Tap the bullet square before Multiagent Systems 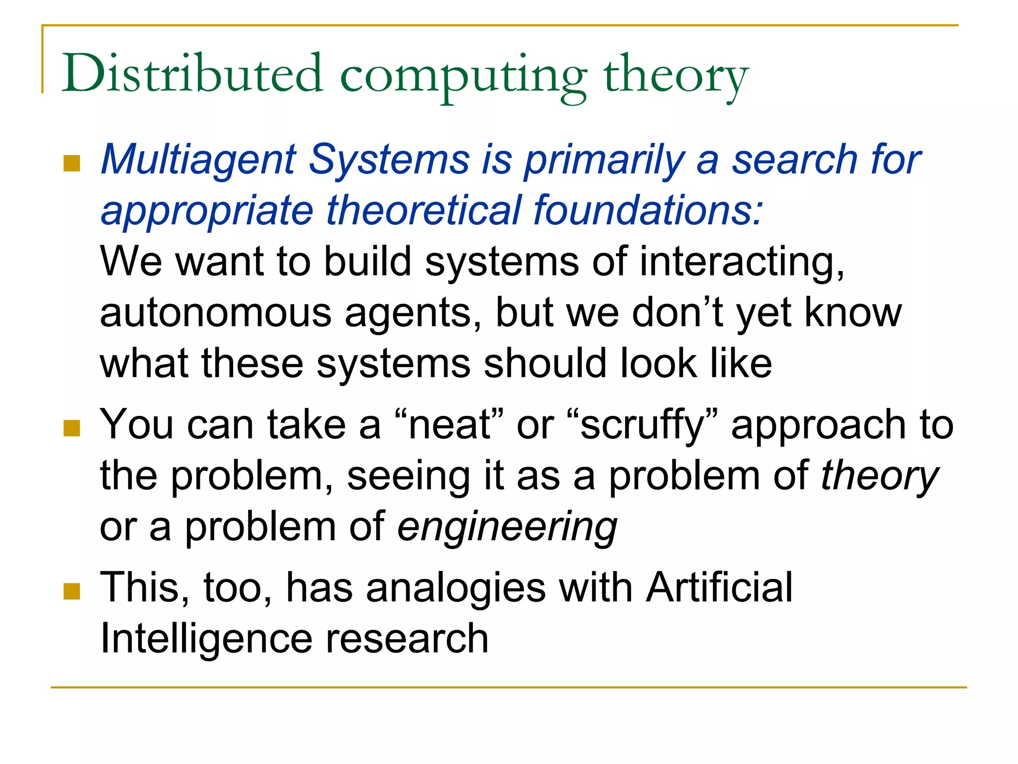click(72, 164)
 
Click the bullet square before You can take click(72, 428)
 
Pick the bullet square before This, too click(72, 591)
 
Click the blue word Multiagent click(199, 160)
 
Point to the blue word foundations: click(648, 211)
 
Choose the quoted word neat click(449, 425)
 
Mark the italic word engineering click(507, 527)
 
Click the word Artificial click(719, 588)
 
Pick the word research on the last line click(407, 640)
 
